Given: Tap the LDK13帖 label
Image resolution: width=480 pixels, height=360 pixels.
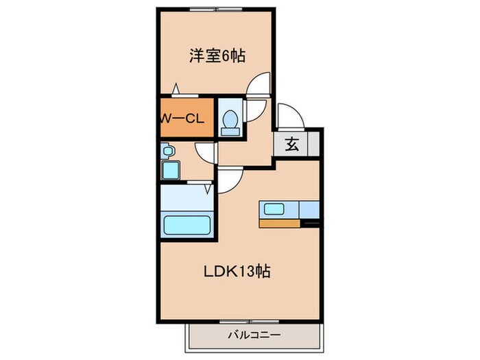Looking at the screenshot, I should click(237, 271).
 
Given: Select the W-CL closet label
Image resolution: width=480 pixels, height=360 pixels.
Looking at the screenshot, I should click(182, 118).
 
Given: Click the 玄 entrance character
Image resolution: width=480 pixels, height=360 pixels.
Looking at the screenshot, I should click(291, 145).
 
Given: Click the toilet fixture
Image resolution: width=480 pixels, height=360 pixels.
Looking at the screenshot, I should click(231, 121).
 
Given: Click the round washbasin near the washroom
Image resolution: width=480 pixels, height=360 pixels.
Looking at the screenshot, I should click(168, 150).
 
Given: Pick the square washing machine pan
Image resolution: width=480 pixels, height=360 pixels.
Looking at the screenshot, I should click(169, 169).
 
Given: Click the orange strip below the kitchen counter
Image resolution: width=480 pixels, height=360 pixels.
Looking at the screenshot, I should click(280, 222).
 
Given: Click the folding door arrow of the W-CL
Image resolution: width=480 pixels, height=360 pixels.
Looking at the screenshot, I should click(176, 88).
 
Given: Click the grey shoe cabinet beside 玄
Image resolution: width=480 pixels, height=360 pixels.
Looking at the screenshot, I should click(313, 145).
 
